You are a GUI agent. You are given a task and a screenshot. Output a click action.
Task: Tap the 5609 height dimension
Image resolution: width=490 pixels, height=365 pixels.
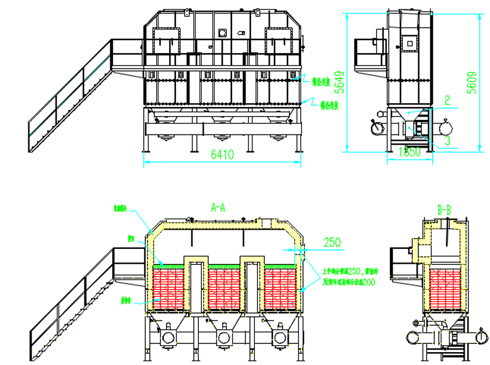click(x=472, y=81)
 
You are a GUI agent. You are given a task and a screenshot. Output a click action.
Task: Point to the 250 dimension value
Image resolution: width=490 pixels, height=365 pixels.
click(x=332, y=243)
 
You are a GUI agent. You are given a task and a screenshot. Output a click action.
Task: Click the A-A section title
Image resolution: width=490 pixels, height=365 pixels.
click(x=218, y=209)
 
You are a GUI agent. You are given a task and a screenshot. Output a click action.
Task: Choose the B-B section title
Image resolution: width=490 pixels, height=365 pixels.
click(x=444, y=211)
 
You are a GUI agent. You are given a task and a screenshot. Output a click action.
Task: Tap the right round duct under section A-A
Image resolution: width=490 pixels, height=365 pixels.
click(x=281, y=337)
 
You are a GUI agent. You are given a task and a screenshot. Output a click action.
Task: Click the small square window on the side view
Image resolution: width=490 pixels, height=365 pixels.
click(x=408, y=43)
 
